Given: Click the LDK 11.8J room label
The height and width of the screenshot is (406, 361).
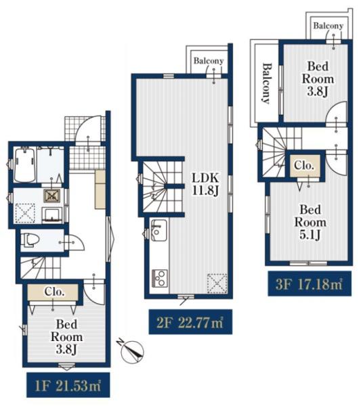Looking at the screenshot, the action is (x=205, y=184).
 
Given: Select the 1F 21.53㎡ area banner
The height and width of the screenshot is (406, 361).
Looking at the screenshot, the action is (x=68, y=385).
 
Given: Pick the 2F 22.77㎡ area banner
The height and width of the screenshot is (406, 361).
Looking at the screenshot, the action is (x=190, y=322).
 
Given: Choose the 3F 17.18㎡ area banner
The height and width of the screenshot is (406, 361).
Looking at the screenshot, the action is (x=310, y=284).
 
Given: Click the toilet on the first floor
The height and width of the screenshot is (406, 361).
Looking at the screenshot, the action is (x=30, y=240).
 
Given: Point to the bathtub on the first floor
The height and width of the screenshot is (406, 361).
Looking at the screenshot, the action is (x=25, y=164).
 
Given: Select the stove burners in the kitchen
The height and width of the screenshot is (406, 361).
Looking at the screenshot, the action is (x=159, y=278).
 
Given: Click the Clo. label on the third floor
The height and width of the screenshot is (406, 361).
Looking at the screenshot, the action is (x=304, y=166).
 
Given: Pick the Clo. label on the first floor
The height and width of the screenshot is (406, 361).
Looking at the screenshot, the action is (x=54, y=292).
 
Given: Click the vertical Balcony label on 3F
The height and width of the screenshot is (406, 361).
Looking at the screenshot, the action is (x=266, y=83).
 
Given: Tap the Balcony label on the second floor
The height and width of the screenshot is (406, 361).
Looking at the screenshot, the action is (x=209, y=61).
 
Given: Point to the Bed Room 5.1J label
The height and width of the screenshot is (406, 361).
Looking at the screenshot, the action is (x=310, y=222).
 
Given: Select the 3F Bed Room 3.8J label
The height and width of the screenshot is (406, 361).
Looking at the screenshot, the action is (x=318, y=79).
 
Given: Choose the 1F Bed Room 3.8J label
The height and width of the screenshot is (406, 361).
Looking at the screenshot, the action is (x=66, y=337).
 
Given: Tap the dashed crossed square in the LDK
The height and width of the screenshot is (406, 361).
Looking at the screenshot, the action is (x=217, y=284).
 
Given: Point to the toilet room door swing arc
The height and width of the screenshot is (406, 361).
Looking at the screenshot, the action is (x=78, y=242).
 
